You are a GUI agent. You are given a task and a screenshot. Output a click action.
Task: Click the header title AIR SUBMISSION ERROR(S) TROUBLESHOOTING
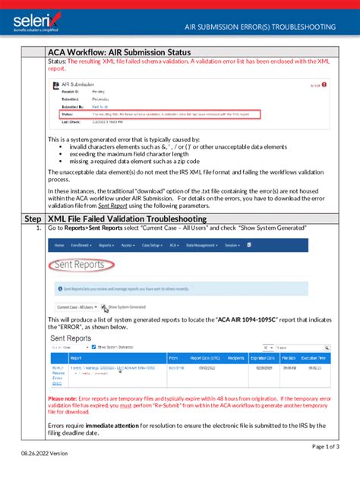coord(261,27)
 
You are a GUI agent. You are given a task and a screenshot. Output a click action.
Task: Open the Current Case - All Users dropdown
coord(77,307)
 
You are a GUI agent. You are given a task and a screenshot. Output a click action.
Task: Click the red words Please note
coord(66,398)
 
